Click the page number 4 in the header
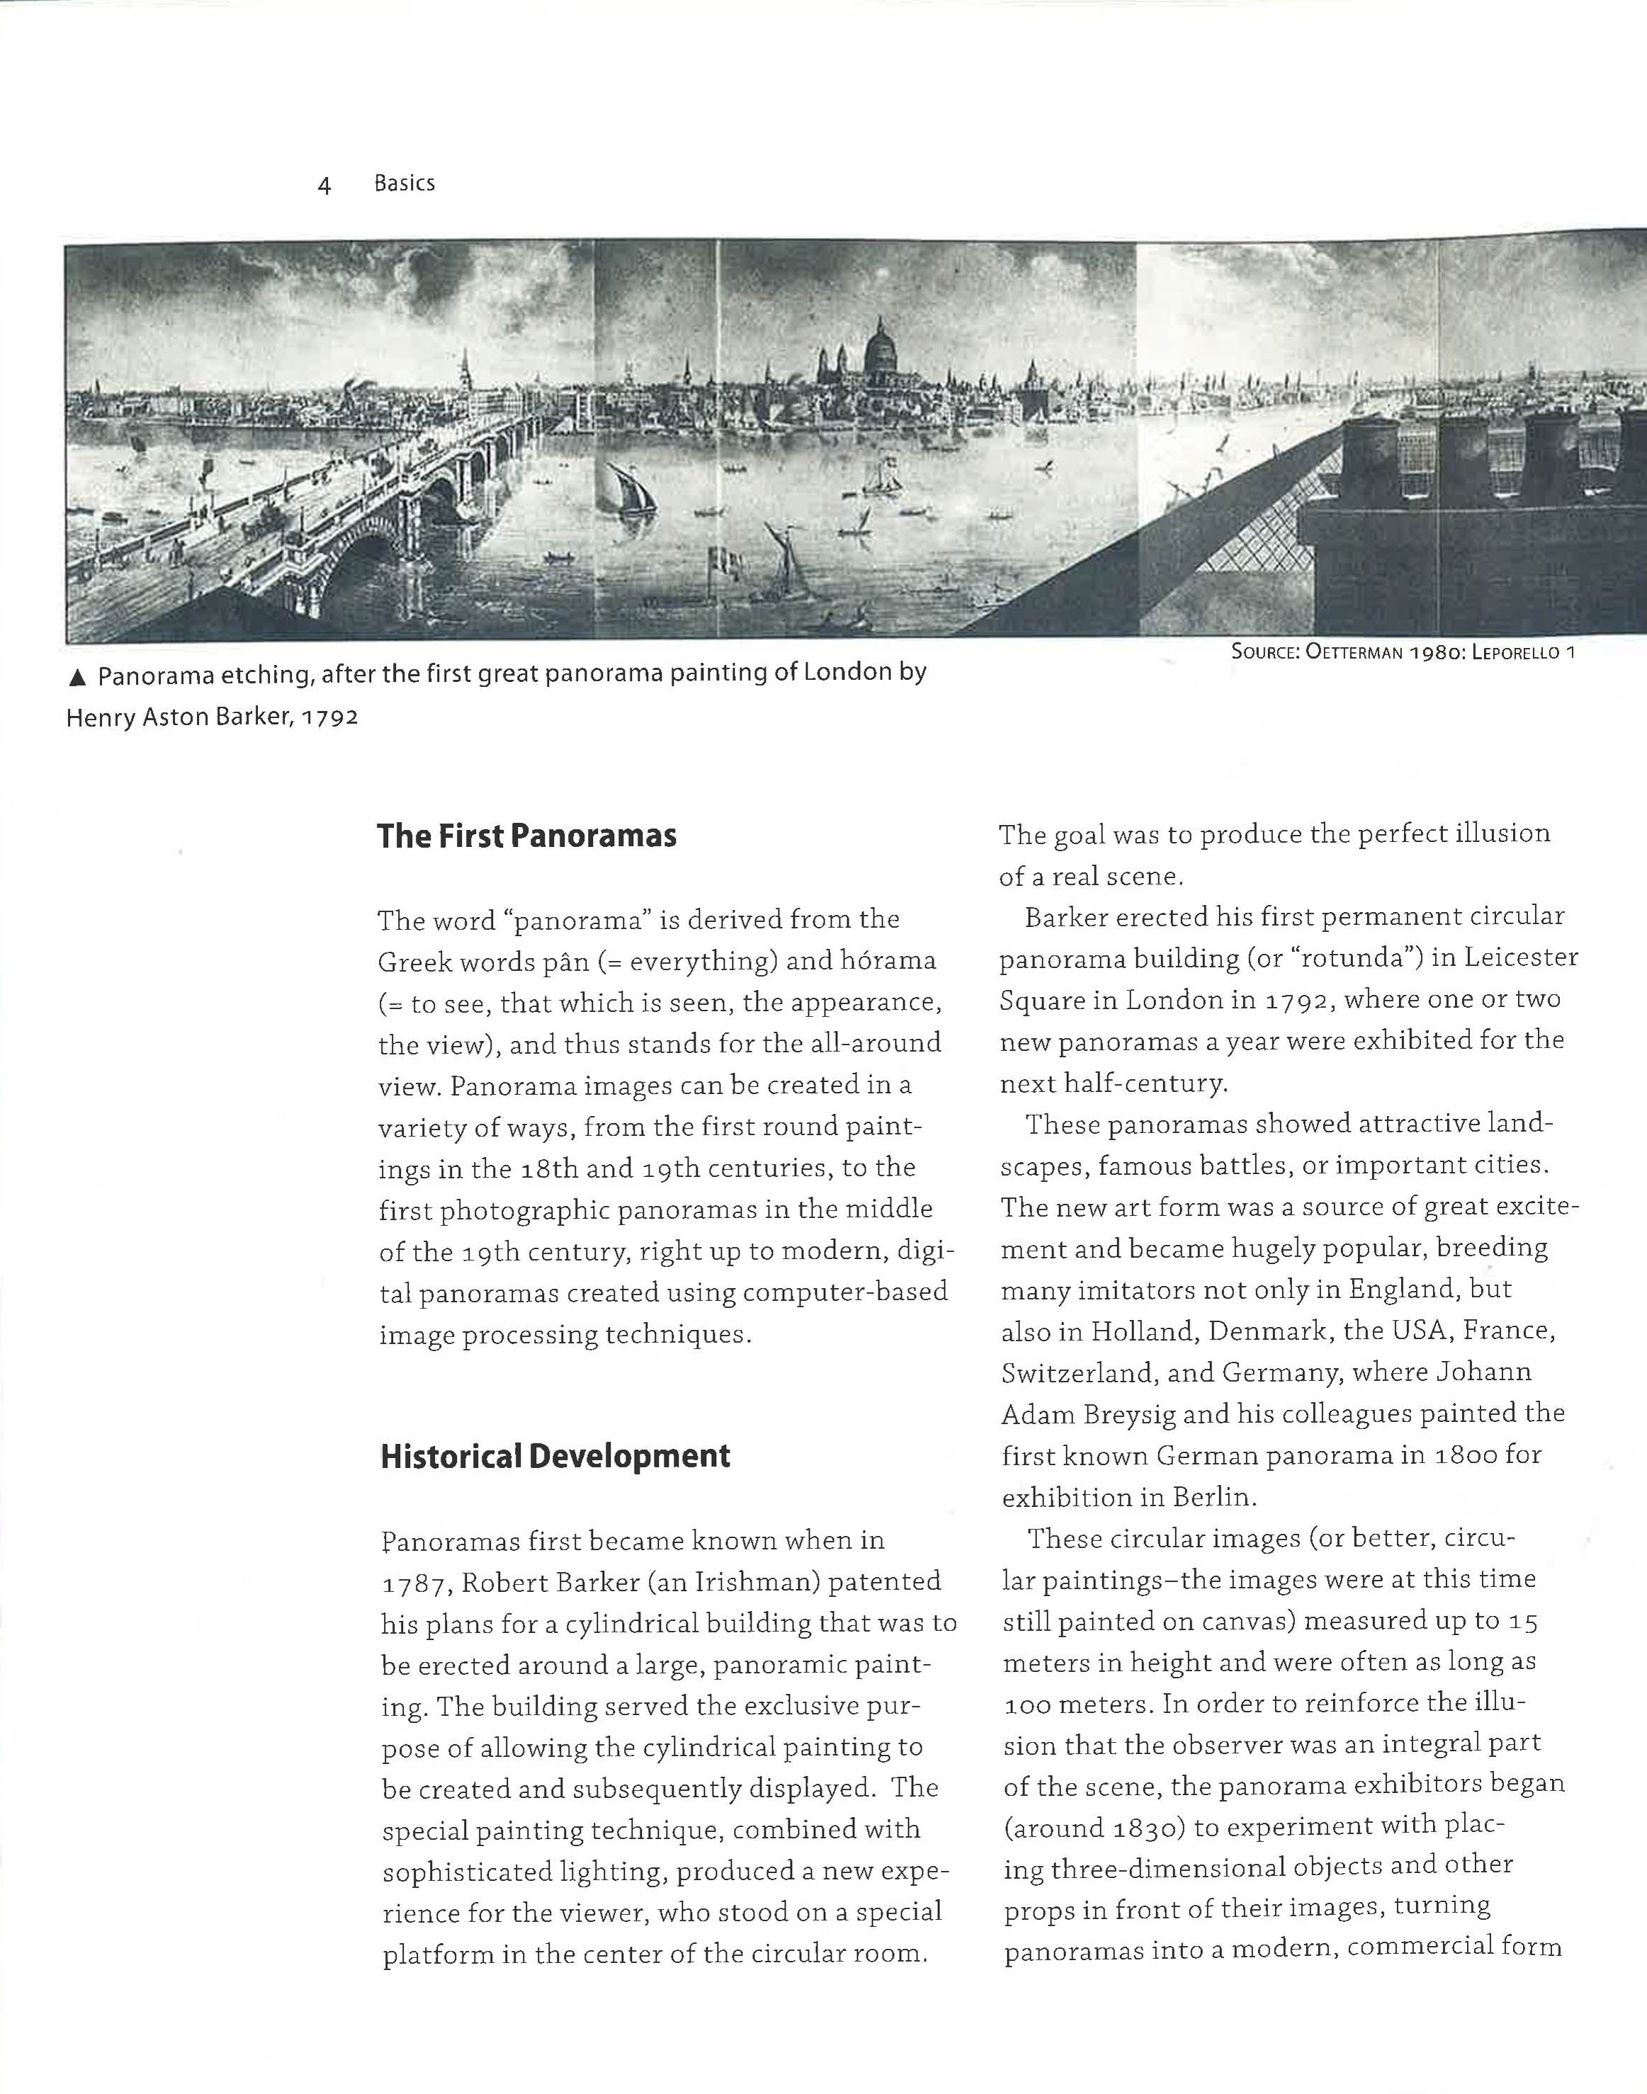324,185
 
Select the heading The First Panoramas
526,836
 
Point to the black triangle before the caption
77,678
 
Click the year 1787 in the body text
414,1584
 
